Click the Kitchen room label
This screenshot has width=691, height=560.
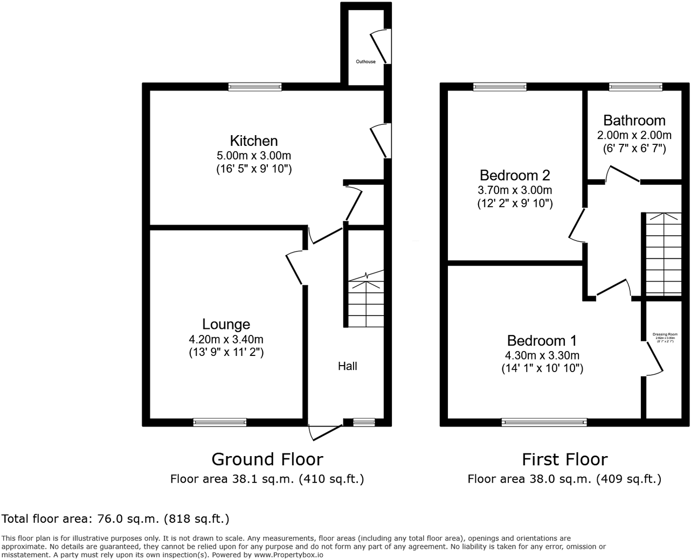[254, 141]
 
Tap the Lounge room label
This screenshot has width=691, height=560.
[226, 324]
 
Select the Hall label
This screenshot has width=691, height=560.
[348, 366]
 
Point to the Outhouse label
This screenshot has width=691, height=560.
[365, 62]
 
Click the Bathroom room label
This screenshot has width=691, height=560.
[634, 121]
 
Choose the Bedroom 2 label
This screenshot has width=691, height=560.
[515, 176]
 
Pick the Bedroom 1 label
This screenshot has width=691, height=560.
[542, 341]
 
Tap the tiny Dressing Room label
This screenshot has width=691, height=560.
[664, 334]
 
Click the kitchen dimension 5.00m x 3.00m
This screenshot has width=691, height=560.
[254, 156]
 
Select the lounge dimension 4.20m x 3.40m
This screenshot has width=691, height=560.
[226, 339]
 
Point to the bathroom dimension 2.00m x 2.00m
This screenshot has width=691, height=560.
[634, 135]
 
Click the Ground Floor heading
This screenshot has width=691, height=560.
[267, 459]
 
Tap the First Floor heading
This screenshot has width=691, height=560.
[564, 459]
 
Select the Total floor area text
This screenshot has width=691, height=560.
[115, 519]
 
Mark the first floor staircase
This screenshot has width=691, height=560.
[663, 253]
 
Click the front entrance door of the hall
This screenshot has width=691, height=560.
[325, 431]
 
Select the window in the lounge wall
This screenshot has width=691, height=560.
[220, 423]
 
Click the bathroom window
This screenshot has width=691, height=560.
[635, 87]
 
